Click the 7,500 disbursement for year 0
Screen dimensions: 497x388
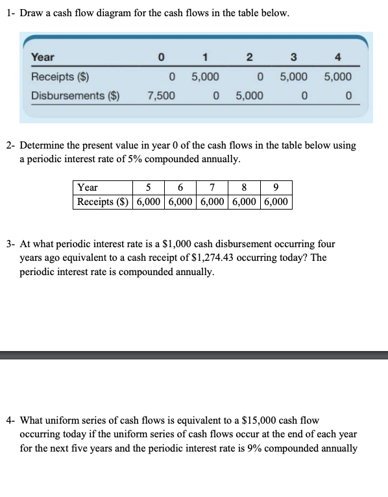[x=160, y=96]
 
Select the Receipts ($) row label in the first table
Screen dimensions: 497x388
[x=60, y=77]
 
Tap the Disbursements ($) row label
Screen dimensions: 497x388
[x=76, y=96]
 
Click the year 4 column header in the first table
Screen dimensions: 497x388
[x=348, y=57]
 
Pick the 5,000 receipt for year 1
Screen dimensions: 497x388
[x=205, y=77]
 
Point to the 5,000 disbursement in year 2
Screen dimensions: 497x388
[x=249, y=96]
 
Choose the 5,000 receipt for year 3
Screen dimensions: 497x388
[x=294, y=77]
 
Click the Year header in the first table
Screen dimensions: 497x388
[x=43, y=57]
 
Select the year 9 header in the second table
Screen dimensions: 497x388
[x=276, y=188]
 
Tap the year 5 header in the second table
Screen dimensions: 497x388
[x=148, y=188]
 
